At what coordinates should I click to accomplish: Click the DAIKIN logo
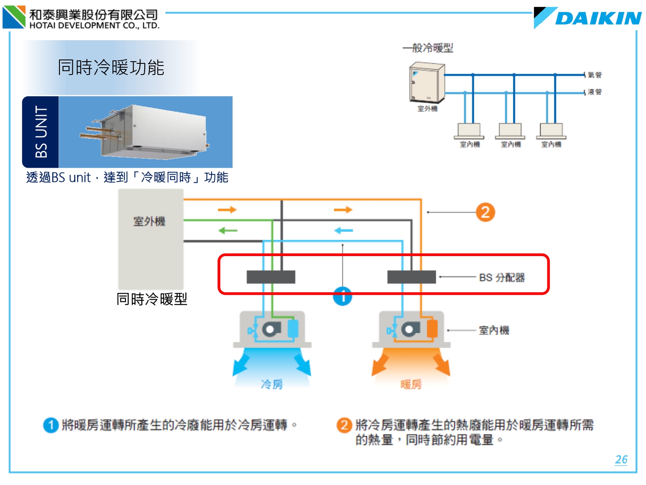click(x=588, y=18)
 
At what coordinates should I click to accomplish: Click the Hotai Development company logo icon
click(x=14, y=17)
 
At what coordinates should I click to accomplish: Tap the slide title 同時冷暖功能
click(x=111, y=68)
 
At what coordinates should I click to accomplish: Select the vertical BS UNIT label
click(x=41, y=132)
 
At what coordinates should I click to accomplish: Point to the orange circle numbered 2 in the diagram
click(x=485, y=212)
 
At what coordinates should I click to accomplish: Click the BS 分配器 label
click(x=502, y=278)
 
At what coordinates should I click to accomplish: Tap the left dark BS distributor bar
click(x=271, y=277)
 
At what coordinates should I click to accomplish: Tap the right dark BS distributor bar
click(x=411, y=277)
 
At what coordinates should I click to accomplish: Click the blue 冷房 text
click(x=272, y=384)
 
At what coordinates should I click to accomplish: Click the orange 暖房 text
click(x=411, y=384)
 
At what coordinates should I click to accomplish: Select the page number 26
click(x=621, y=460)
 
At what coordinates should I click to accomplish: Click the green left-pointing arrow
click(x=228, y=231)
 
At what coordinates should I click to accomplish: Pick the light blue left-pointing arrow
click(x=343, y=231)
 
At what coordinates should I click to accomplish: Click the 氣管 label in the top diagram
click(x=595, y=75)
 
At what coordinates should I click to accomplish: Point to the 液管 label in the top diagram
click(x=595, y=92)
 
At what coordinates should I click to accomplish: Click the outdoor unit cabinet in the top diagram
click(x=426, y=82)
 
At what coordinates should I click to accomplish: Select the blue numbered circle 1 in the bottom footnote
click(x=51, y=425)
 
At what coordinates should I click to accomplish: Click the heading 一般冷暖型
click(x=428, y=48)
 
